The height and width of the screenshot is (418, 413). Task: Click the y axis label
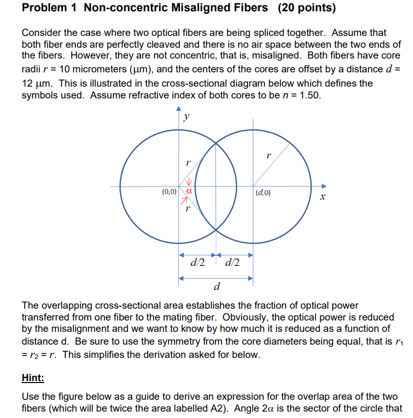click(x=186, y=117)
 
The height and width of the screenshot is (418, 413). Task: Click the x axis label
click(x=323, y=198)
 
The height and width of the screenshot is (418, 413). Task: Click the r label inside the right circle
click(x=268, y=156)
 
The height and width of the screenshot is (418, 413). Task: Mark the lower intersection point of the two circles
click(x=216, y=230)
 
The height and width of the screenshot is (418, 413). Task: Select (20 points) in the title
click(x=308, y=8)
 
